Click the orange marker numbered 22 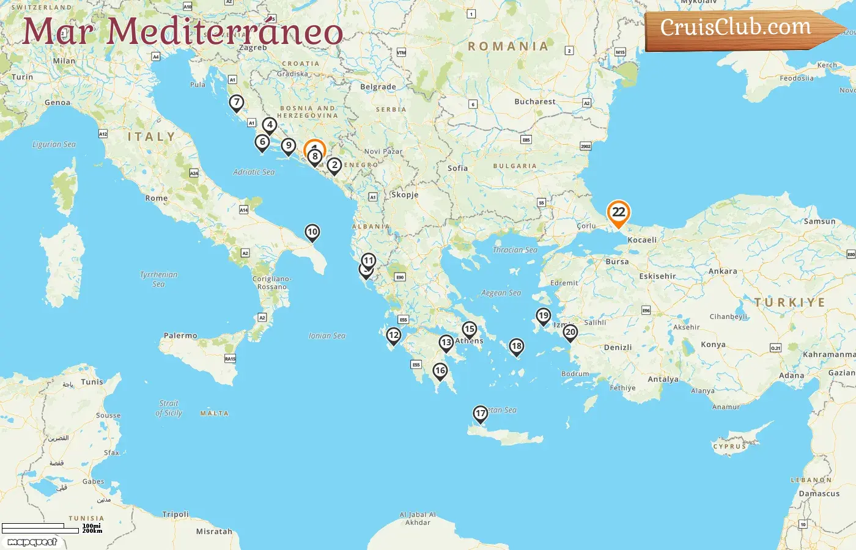pyautogui.click(x=618, y=213)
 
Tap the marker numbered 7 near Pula pyautogui.click(x=236, y=103)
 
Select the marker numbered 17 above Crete pyautogui.click(x=481, y=414)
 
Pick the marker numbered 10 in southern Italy pyautogui.click(x=312, y=232)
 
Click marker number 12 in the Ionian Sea pyautogui.click(x=394, y=335)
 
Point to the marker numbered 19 pyautogui.click(x=543, y=316)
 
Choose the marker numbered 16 pyautogui.click(x=440, y=371)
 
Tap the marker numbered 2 pyautogui.click(x=334, y=165)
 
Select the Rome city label pyautogui.click(x=157, y=198)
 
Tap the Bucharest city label pyautogui.click(x=535, y=101)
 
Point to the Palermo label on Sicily pyautogui.click(x=180, y=335)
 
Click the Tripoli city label pyautogui.click(x=175, y=514)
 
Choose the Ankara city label pyautogui.click(x=723, y=271)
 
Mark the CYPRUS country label pyautogui.click(x=729, y=447)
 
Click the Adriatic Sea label pyautogui.click(x=254, y=172)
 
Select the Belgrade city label pyautogui.click(x=378, y=87)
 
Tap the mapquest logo pyautogui.click(x=32, y=542)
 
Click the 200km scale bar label pyautogui.click(x=92, y=531)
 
